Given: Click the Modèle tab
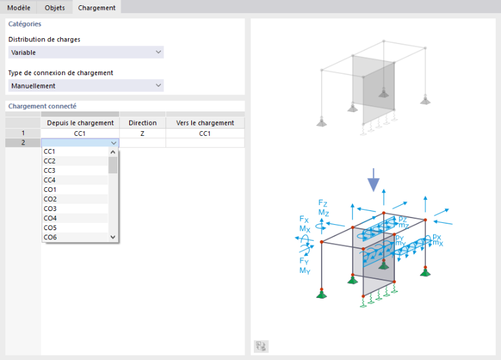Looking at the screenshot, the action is pyautogui.click(x=18, y=7).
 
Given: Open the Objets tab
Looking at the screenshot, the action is pyautogui.click(x=55, y=7).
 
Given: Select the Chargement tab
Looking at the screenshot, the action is pyautogui.click(x=97, y=7).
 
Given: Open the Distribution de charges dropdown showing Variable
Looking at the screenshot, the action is pyautogui.click(x=86, y=52).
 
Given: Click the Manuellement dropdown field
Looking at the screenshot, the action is pyautogui.click(x=86, y=85).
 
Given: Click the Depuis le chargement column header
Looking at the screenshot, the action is pyautogui.click(x=80, y=123).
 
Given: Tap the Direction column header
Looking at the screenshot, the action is pyautogui.click(x=142, y=123).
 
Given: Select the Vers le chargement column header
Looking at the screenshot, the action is pyautogui.click(x=205, y=123).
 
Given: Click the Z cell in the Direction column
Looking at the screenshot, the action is pyautogui.click(x=142, y=133).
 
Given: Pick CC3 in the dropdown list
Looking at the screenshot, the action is pyautogui.click(x=49, y=170).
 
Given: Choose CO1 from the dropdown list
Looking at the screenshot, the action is pyautogui.click(x=50, y=190).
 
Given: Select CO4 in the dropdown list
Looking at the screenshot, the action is pyautogui.click(x=50, y=218).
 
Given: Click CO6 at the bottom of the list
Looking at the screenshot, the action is pyautogui.click(x=50, y=237).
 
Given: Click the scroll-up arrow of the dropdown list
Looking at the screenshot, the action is pyautogui.click(x=113, y=152).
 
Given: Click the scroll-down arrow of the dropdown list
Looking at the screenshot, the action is pyautogui.click(x=113, y=237).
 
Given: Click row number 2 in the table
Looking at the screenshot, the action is pyautogui.click(x=23, y=142).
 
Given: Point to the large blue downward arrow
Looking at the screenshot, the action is pyautogui.click(x=373, y=180).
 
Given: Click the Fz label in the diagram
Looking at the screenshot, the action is pyautogui.click(x=323, y=203).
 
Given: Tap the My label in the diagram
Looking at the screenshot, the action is pyautogui.click(x=305, y=271).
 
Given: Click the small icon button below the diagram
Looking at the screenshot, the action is pyautogui.click(x=261, y=346).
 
